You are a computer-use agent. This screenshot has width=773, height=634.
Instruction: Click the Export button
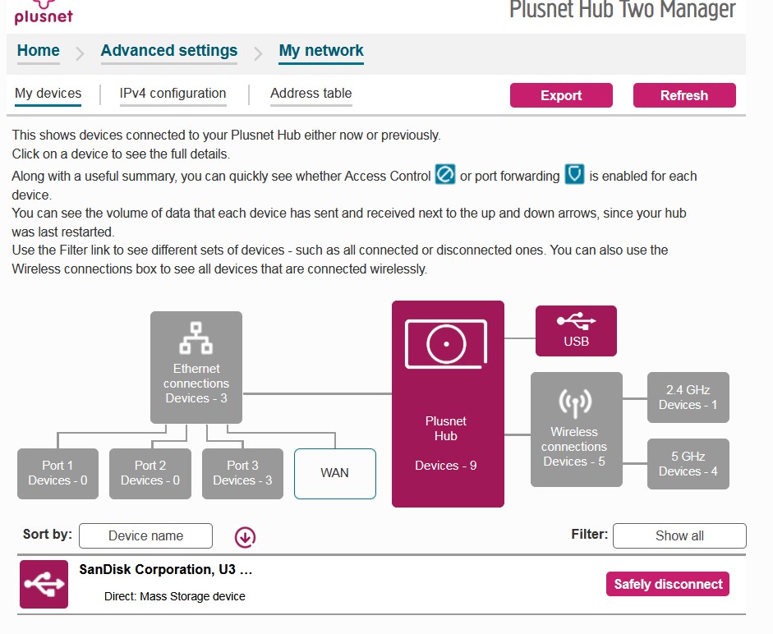[x=561, y=95]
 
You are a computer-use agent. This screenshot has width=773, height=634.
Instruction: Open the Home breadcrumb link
[x=39, y=51]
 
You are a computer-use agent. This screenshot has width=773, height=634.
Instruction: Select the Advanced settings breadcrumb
[x=169, y=51]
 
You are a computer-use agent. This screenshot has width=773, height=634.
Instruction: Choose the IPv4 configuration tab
[x=173, y=94]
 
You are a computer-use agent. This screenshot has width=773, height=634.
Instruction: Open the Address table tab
[x=311, y=94]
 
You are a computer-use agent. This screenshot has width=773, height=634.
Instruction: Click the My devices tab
[x=48, y=94]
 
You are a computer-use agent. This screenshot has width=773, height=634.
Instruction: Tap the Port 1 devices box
[x=58, y=473]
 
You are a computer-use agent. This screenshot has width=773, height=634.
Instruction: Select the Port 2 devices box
[x=150, y=473]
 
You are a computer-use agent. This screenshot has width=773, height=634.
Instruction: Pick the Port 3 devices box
[x=242, y=473]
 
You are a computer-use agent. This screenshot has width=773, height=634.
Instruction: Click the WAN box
[x=334, y=473]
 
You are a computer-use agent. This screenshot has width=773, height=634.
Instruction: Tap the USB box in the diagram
[x=576, y=331]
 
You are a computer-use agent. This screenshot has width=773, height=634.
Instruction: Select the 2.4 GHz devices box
[x=688, y=397]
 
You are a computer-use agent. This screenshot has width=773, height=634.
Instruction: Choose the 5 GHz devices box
[x=688, y=464]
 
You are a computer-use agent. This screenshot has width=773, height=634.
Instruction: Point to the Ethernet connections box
[x=196, y=367]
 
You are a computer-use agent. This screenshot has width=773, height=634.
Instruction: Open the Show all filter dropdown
[x=679, y=535]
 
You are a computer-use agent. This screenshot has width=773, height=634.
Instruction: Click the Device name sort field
[x=145, y=535]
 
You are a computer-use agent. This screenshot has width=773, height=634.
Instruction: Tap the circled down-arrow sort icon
[x=245, y=536]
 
